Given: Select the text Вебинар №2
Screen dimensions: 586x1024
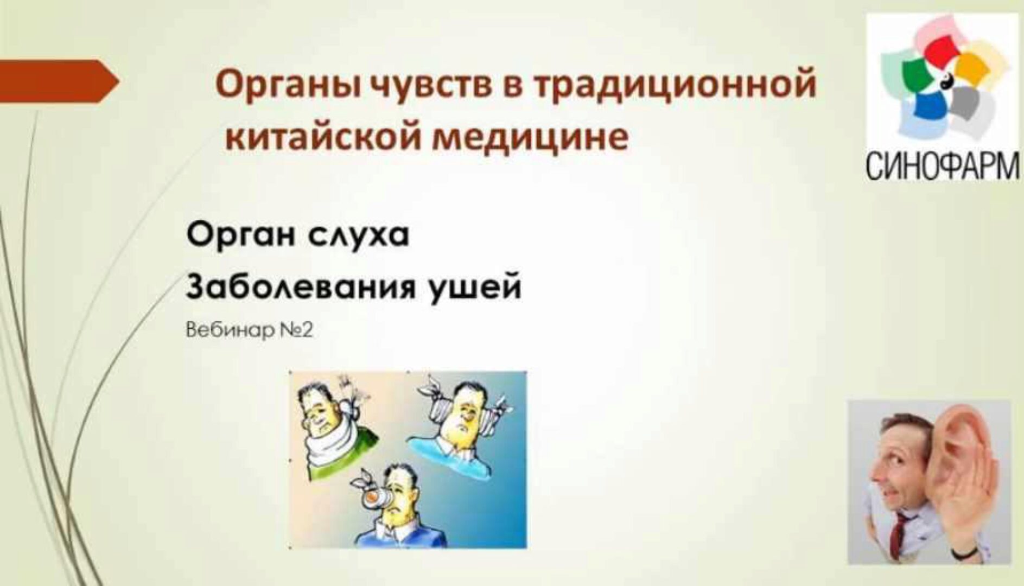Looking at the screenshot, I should tap(250, 330).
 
